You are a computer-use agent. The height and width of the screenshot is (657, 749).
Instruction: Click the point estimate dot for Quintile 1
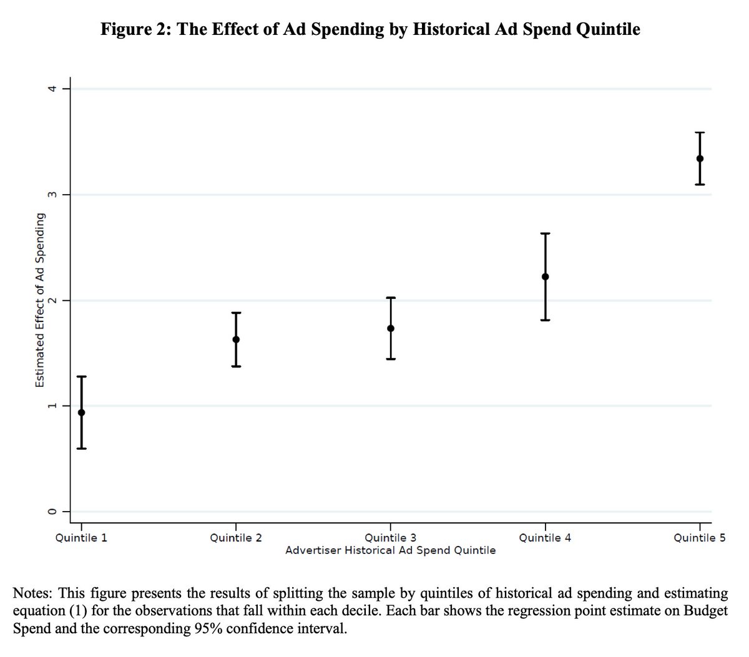point(81,412)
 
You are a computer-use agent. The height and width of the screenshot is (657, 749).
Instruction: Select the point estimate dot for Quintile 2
point(236,339)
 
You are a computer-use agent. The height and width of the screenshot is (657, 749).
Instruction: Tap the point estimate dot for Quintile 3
point(391,328)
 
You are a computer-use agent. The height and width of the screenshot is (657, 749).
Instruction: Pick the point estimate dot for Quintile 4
point(546,276)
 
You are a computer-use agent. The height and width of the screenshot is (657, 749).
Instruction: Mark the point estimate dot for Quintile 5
point(700,158)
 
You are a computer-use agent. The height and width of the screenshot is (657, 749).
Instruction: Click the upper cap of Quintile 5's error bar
point(700,133)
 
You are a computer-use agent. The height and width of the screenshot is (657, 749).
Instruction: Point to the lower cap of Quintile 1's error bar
point(81,449)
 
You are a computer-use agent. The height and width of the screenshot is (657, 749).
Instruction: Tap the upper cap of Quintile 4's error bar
point(546,233)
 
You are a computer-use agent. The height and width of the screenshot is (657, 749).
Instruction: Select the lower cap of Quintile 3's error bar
point(391,359)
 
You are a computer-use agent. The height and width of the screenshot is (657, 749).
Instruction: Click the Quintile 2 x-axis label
point(236,538)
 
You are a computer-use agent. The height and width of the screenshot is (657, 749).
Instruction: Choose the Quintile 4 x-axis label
point(546,538)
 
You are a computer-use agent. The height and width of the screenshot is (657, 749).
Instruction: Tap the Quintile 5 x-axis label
point(700,538)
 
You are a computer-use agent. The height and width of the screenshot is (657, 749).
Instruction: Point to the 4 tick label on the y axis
point(54,89)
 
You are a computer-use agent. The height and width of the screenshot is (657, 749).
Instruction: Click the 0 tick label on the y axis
point(54,512)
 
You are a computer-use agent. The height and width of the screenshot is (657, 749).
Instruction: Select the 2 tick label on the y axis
point(54,300)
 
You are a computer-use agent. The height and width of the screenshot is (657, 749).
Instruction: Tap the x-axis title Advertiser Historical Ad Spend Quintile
point(391,550)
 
